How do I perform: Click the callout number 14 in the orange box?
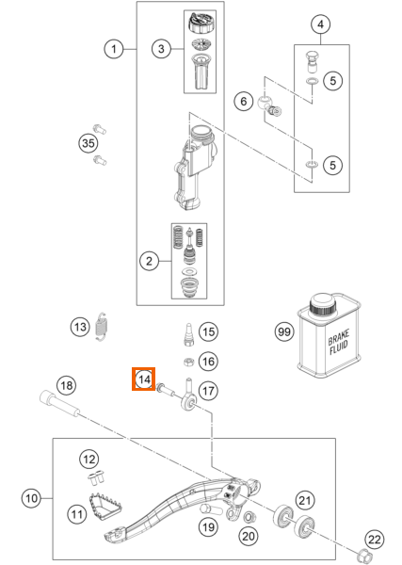click(144, 379)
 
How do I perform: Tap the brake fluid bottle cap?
click(322, 304)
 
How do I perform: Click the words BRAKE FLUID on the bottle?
click(338, 342)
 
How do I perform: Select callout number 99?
click(284, 331)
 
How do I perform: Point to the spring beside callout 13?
click(103, 326)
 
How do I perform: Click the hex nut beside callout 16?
click(188, 361)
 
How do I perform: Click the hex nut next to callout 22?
click(362, 553)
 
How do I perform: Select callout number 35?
click(88, 143)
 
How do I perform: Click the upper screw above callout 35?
click(100, 129)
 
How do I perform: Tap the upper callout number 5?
click(332, 80)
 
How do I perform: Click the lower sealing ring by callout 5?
click(312, 165)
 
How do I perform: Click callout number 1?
click(114, 49)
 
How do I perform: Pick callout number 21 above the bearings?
click(305, 500)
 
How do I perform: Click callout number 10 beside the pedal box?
click(31, 498)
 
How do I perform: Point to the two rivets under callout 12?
click(96, 478)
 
